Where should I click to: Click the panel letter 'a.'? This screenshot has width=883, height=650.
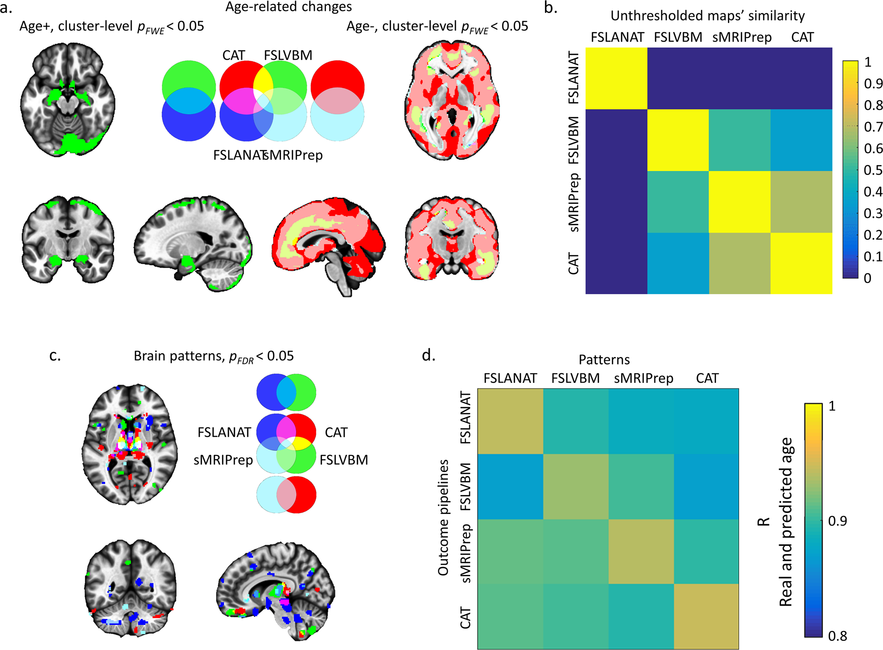[x=6, y=8]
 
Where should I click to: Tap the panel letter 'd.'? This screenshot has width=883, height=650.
[x=428, y=355]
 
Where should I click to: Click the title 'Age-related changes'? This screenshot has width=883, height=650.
[x=288, y=7]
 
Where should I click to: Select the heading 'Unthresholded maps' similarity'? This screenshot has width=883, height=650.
[x=707, y=16]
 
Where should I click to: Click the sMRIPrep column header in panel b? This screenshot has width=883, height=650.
[x=742, y=37]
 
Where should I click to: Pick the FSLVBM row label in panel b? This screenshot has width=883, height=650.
[x=573, y=140]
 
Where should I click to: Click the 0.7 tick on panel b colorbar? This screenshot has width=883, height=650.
[x=873, y=127]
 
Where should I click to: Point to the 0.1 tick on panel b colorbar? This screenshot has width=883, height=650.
[x=873, y=257]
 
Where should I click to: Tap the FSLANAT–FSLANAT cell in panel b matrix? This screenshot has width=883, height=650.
[x=616, y=78]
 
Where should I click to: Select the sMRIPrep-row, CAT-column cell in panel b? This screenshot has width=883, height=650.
[x=801, y=202]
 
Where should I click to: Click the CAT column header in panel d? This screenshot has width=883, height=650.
[x=707, y=378]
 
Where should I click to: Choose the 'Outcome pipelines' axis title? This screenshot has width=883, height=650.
[x=443, y=518]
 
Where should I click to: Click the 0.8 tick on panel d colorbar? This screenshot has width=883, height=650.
[x=838, y=636]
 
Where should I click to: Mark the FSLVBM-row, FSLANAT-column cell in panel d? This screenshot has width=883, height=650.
[x=510, y=487]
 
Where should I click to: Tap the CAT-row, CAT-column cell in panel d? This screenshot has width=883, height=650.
[x=706, y=616]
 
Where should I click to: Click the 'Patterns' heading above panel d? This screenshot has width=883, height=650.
[x=604, y=360]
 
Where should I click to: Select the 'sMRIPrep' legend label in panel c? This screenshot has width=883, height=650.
[x=223, y=460]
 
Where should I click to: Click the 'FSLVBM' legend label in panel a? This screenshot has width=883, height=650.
[x=288, y=55]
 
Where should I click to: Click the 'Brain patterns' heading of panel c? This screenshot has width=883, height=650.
[x=213, y=356]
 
